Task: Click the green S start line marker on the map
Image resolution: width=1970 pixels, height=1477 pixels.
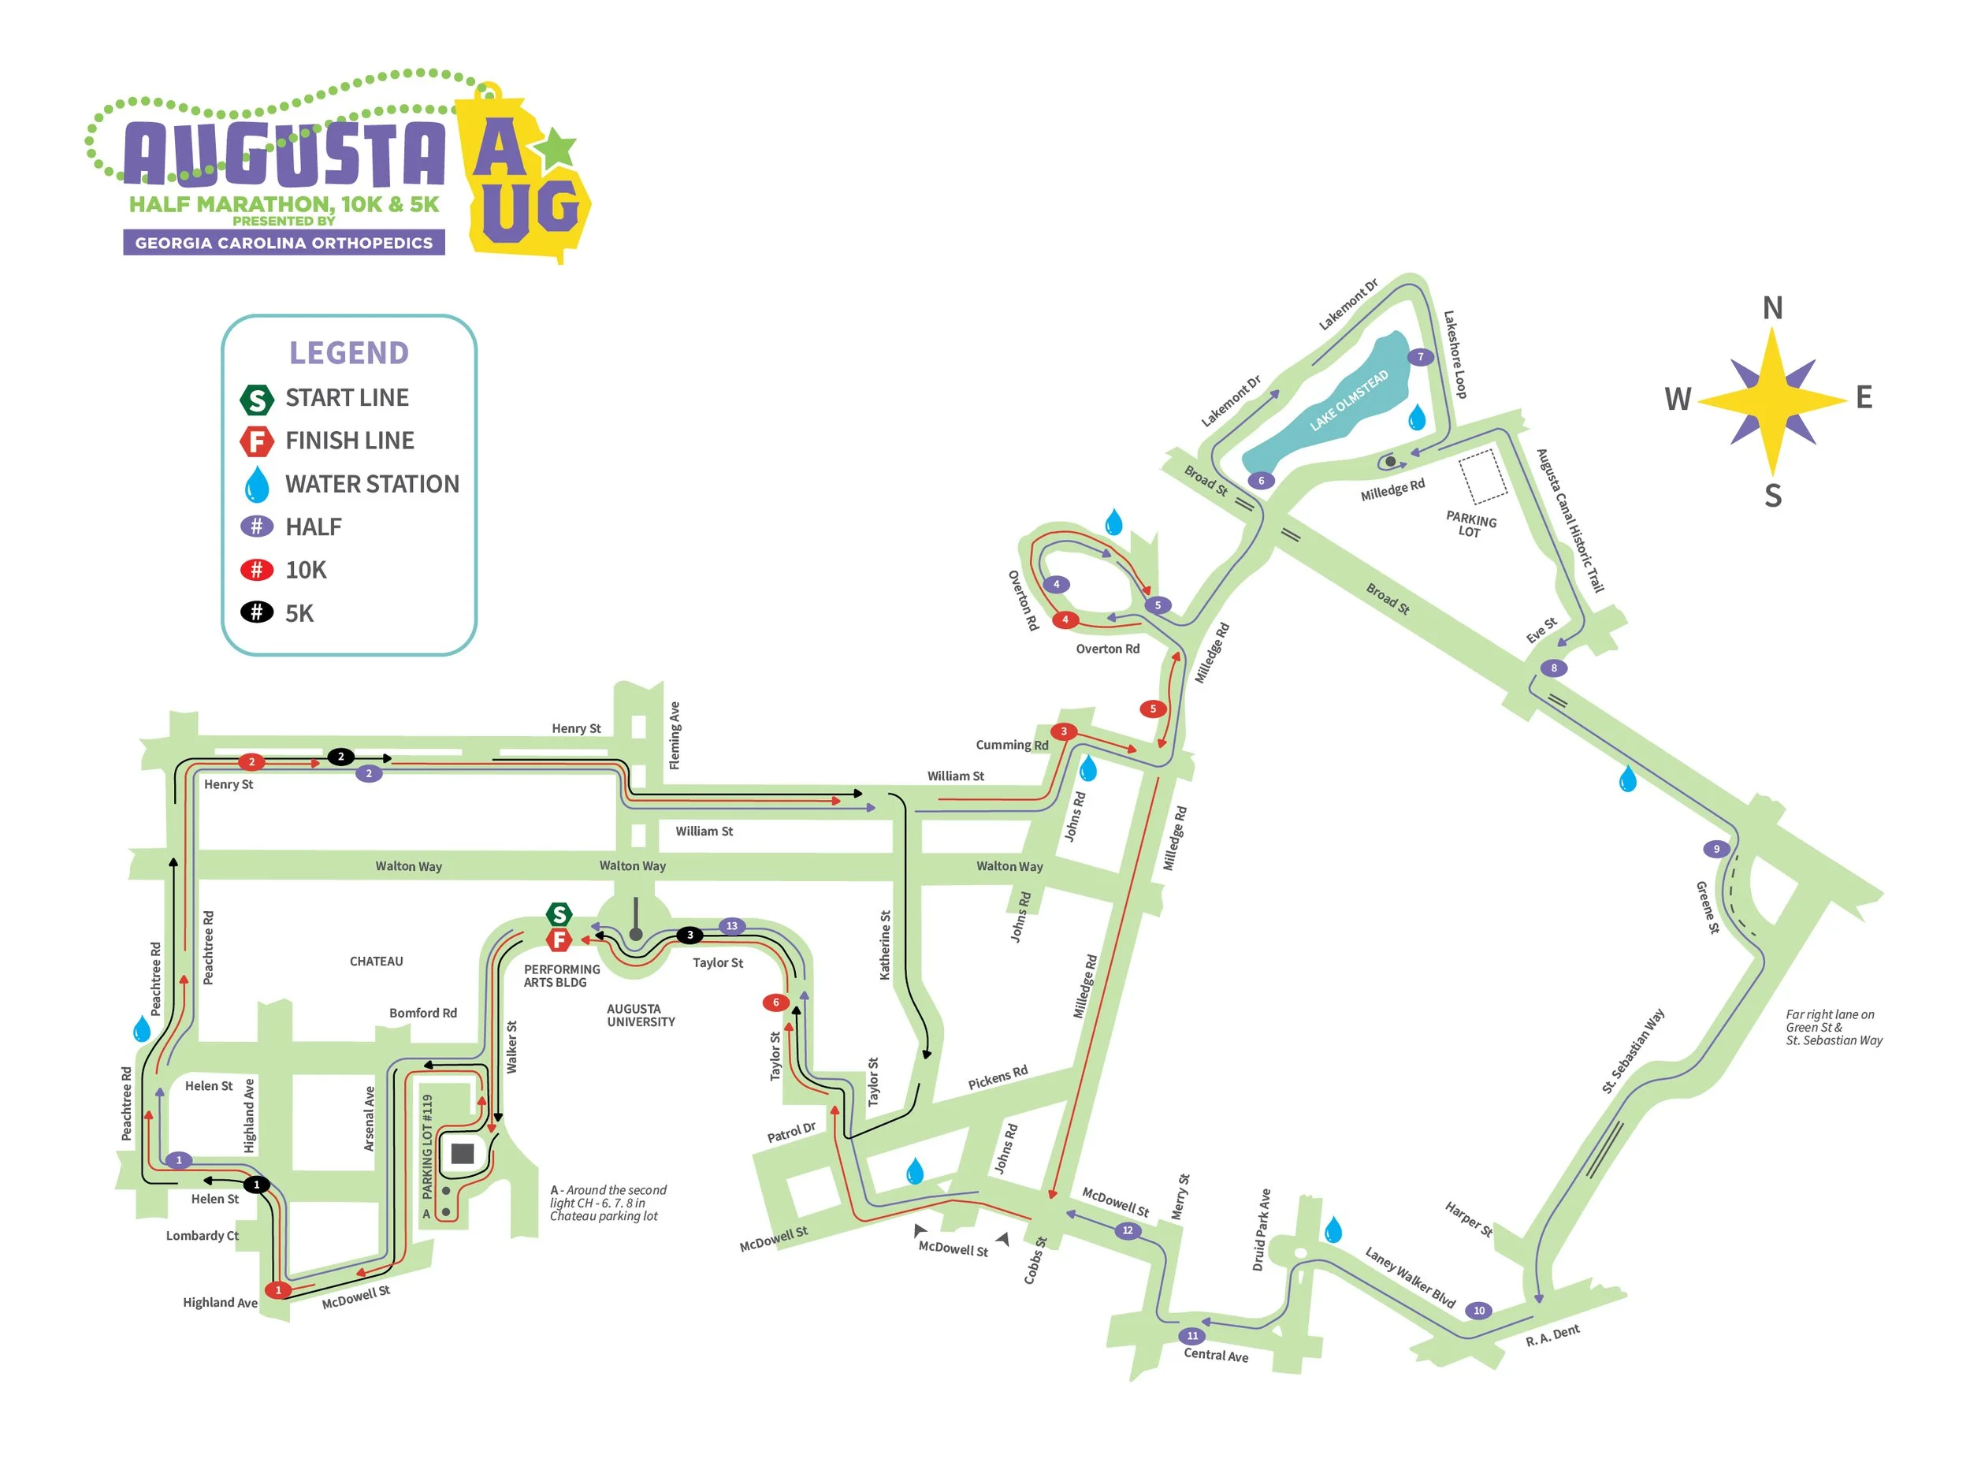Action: click(559, 914)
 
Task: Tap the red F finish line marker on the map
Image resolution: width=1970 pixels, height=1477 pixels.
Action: click(559, 939)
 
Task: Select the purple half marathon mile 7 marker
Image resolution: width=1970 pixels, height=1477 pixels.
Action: click(1421, 357)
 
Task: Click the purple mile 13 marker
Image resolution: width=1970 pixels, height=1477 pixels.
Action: click(731, 926)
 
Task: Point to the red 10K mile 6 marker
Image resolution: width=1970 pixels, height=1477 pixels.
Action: click(775, 1003)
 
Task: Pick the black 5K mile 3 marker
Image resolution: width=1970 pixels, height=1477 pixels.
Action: click(689, 936)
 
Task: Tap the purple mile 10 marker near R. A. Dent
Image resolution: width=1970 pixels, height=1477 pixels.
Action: click(1479, 1311)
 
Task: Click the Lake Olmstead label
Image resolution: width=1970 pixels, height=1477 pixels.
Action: click(1348, 400)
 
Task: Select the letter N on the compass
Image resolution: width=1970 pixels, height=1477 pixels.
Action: click(1772, 308)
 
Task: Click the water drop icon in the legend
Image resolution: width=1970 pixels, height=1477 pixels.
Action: click(256, 485)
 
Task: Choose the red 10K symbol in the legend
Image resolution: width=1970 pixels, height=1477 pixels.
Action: click(256, 570)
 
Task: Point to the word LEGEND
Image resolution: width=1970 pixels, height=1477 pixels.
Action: click(349, 354)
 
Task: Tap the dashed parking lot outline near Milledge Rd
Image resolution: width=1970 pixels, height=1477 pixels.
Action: click(1483, 477)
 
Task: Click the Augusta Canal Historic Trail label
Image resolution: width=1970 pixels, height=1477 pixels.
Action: click(1570, 521)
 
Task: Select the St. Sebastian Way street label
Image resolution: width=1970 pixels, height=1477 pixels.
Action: click(1633, 1051)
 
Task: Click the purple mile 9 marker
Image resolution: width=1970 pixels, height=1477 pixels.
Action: click(1716, 849)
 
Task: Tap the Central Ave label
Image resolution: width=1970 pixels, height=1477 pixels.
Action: click(1216, 1355)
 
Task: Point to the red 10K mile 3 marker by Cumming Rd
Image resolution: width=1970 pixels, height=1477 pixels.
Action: click(1063, 731)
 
